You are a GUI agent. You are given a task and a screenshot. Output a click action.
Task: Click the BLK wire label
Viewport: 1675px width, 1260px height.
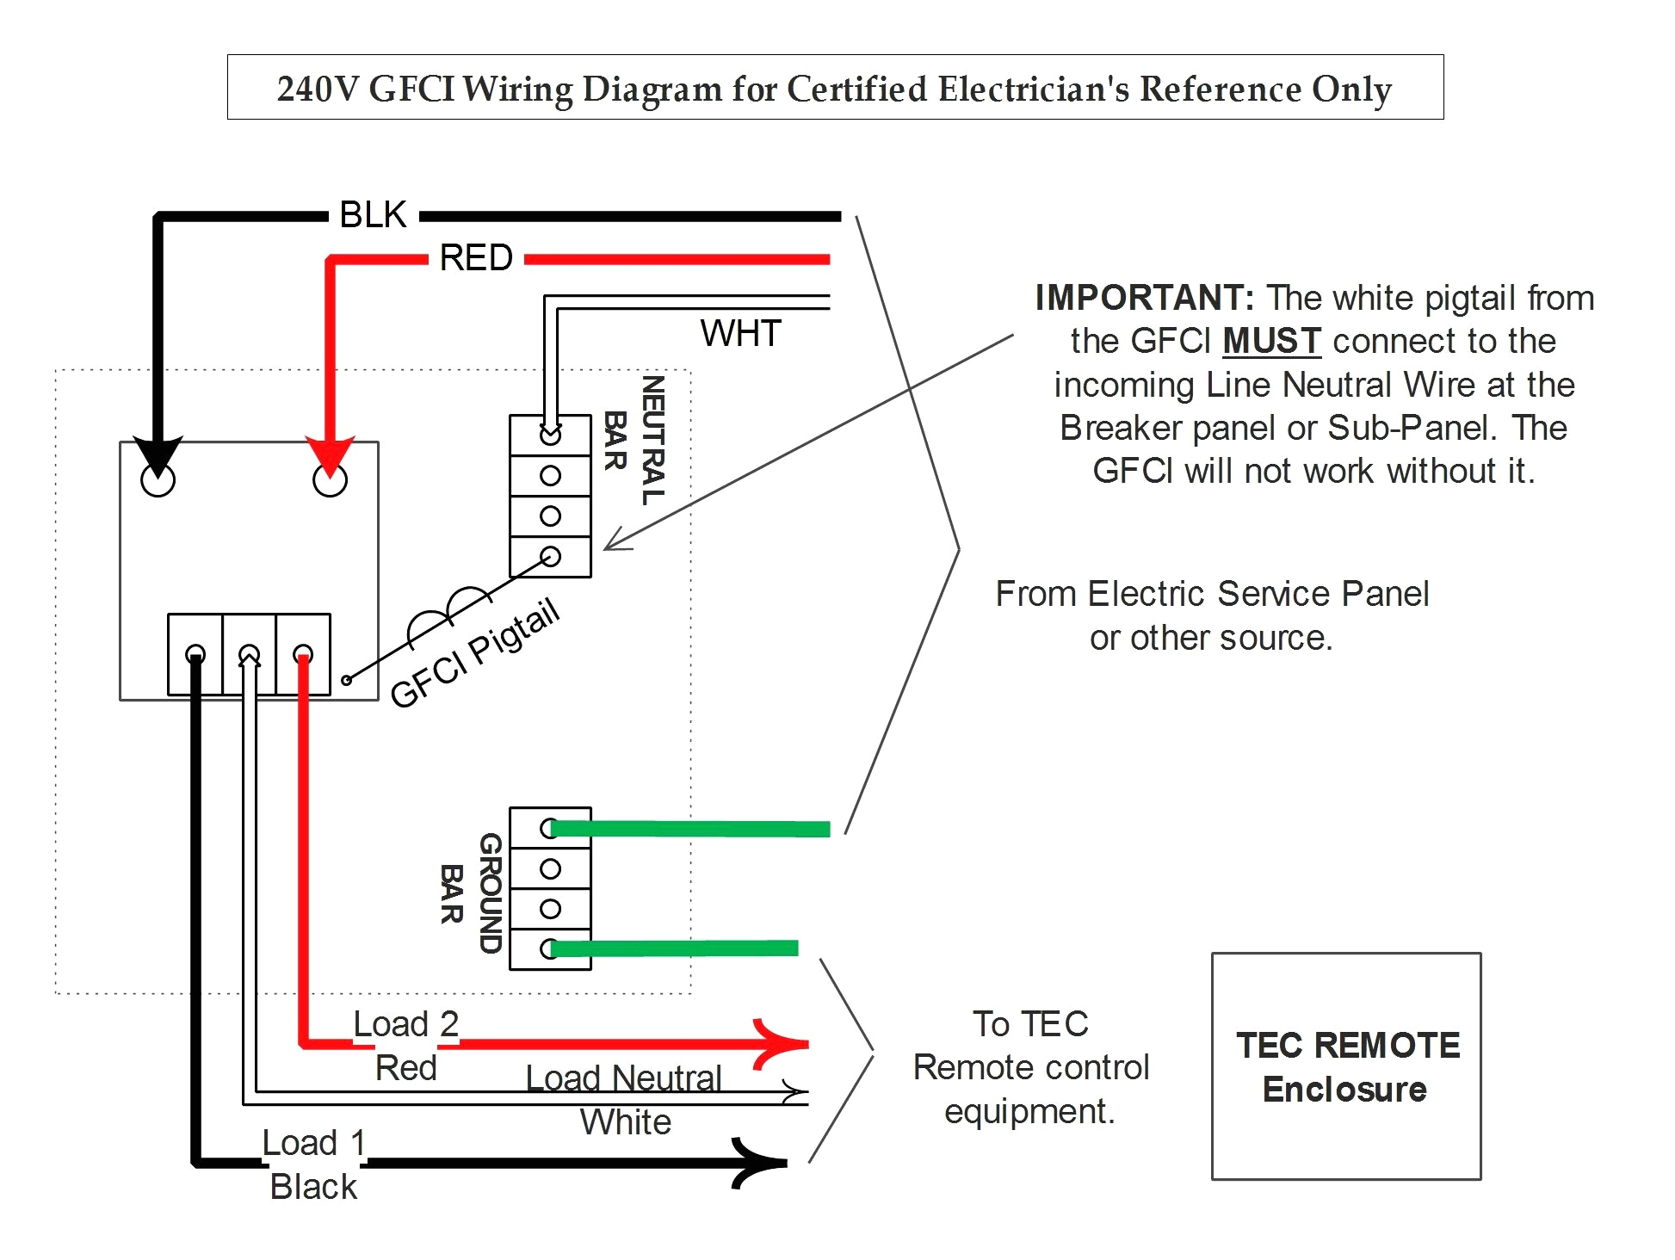pos(373,215)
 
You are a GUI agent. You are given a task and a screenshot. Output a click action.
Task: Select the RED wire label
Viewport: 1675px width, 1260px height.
pos(476,258)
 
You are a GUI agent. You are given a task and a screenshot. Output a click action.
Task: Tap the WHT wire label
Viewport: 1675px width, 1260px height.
pos(740,334)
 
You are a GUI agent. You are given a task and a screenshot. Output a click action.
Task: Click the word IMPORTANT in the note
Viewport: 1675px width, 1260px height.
pos(1144,299)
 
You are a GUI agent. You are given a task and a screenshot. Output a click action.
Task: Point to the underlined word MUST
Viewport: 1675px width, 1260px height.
pos(1271,342)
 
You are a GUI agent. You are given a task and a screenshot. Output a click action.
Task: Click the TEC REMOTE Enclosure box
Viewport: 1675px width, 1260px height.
pos(1346,1066)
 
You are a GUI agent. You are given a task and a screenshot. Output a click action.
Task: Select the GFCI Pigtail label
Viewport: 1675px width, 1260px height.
pos(475,652)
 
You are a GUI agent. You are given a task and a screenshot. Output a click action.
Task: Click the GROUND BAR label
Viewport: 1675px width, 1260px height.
pos(472,893)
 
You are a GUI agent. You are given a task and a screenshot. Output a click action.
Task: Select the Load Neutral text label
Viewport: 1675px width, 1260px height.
pos(623,1078)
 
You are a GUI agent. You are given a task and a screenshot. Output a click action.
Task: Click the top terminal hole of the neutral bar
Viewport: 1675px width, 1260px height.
pos(550,435)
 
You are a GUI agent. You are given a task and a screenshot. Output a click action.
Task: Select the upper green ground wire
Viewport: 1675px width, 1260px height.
pos(689,829)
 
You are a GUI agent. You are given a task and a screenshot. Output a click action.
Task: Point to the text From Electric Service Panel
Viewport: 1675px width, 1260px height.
pos(1212,595)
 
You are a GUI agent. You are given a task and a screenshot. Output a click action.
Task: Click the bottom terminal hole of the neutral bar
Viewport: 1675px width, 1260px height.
pos(550,557)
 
